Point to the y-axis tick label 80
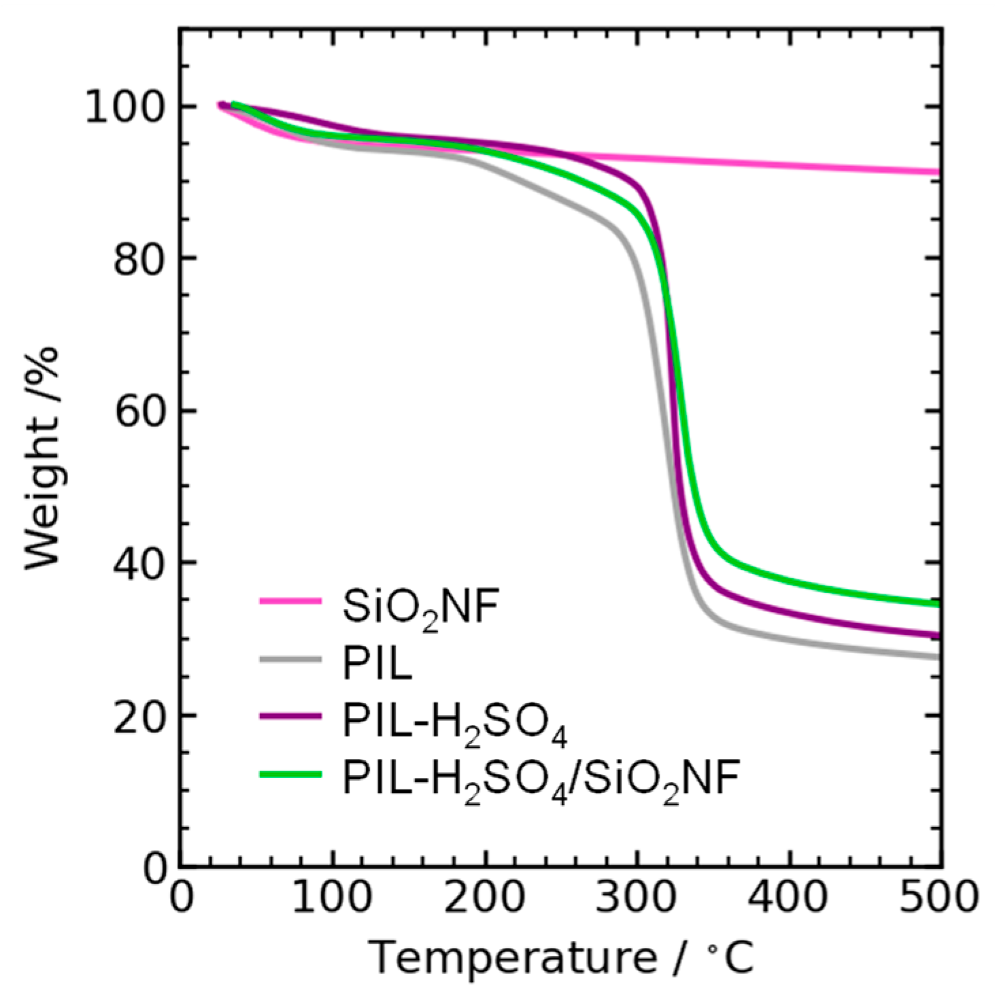139,259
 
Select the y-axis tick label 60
139,411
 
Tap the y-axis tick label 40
139,563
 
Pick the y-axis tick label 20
139,715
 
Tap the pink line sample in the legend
290,601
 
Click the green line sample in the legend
290,773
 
